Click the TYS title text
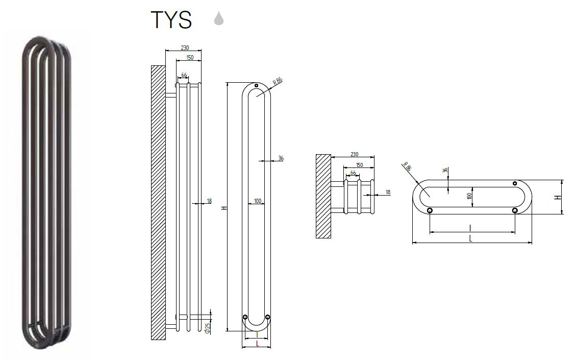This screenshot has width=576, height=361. click(x=171, y=19)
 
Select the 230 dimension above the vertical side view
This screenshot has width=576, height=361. click(x=185, y=48)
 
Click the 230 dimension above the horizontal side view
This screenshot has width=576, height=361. click(x=354, y=154)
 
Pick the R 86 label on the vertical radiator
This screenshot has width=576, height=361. click(x=278, y=81)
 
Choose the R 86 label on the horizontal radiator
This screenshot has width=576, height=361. click(x=407, y=166)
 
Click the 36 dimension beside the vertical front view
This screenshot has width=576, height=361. click(x=281, y=158)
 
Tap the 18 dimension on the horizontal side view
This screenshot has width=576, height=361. click(x=388, y=192)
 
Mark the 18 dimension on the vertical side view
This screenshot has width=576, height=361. click(x=209, y=201)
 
